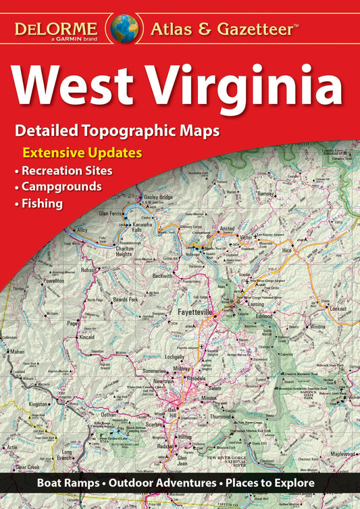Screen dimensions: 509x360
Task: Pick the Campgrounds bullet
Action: click(61, 186)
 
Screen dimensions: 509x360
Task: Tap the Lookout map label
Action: click(338, 308)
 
